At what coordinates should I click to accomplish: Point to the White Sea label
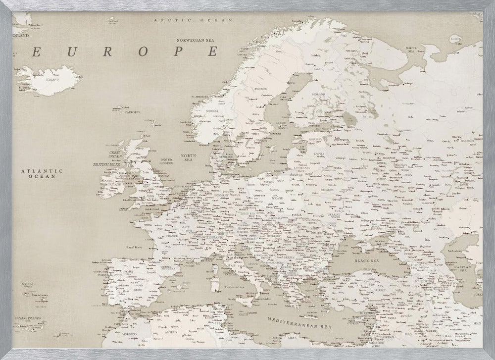point(412,49)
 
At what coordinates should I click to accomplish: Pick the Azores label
point(28,284)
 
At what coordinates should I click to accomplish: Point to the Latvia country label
point(319,154)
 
